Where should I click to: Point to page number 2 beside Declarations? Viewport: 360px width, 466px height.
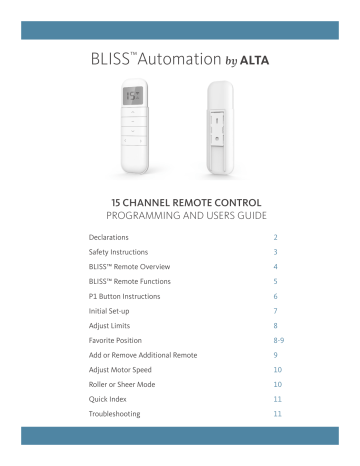(x=275, y=238)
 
